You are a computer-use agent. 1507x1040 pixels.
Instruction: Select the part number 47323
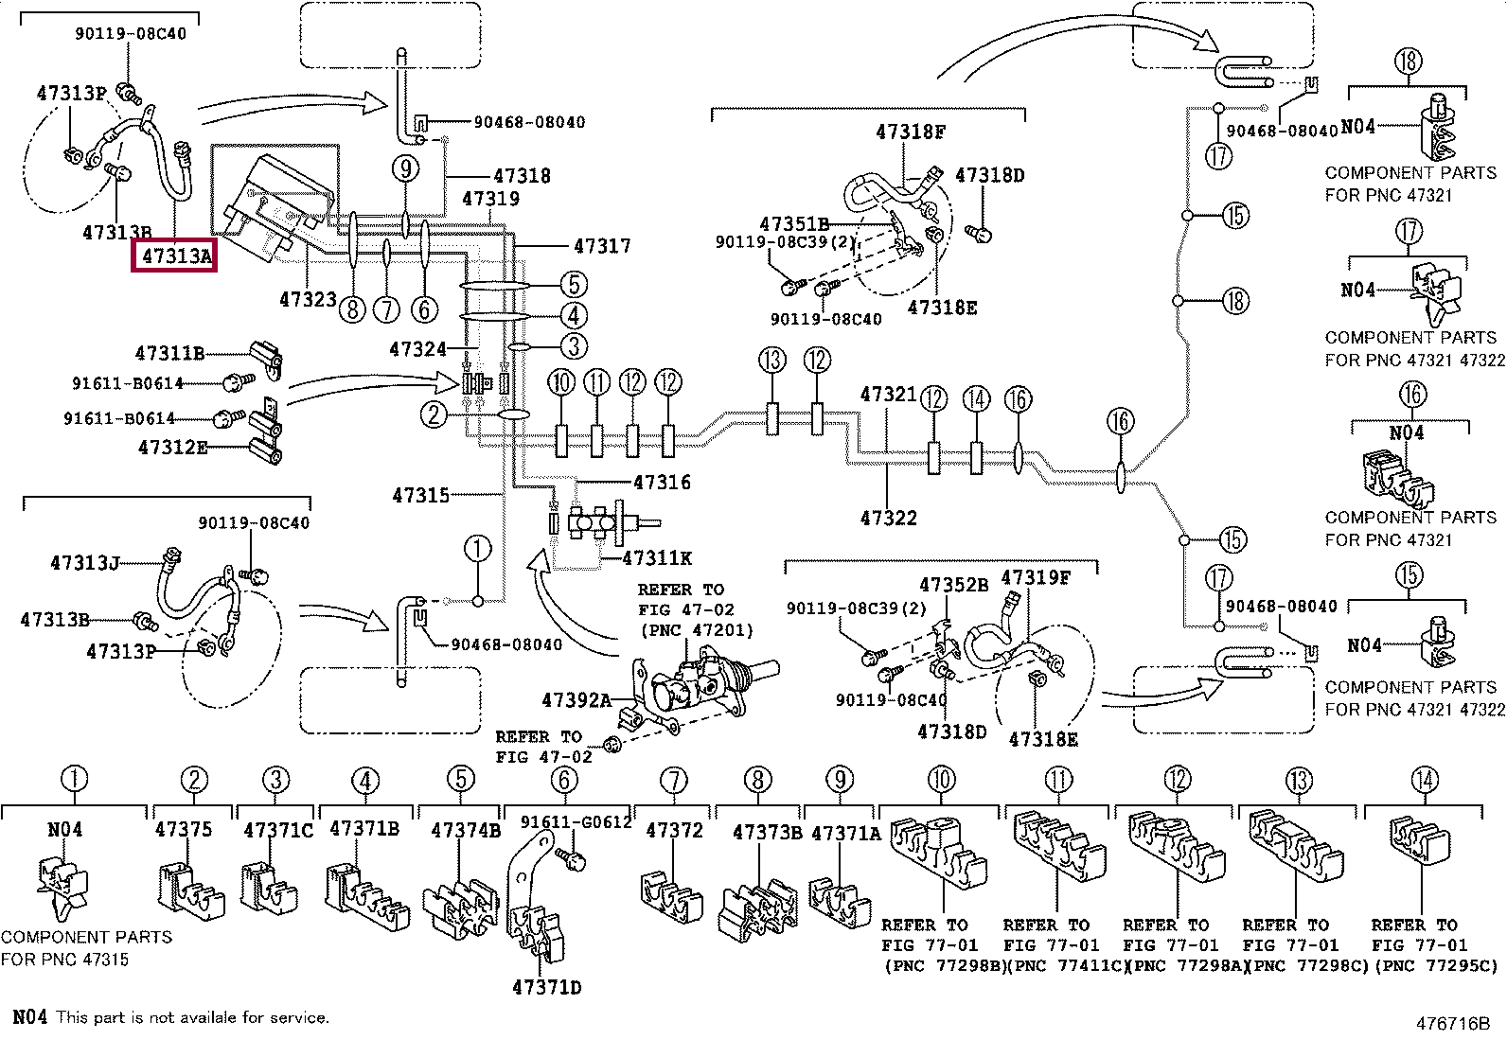coord(308,300)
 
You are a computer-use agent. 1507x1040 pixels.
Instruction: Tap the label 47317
coord(602,246)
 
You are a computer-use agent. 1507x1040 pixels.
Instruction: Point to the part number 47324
coord(417,350)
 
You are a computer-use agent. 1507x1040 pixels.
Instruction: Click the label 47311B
coord(169,354)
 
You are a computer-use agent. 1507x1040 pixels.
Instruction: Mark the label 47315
coord(420,495)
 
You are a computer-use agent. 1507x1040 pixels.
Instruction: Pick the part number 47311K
coord(657,558)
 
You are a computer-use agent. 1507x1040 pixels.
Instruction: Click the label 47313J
coord(84,563)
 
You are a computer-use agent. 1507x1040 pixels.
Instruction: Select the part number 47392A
coord(576,700)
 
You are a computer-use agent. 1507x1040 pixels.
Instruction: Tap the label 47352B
coord(953,585)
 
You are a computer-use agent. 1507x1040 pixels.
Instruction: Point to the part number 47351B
coord(793,224)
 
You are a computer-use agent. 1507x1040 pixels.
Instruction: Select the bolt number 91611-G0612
coord(576,822)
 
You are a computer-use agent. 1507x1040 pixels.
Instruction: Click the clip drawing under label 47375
coord(189,890)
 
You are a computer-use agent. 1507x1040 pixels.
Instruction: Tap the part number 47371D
coord(546,987)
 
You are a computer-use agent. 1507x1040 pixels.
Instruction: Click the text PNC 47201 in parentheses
coord(697,629)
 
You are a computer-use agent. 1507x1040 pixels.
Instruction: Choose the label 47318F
coord(910,132)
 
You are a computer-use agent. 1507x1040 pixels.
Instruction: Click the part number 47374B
coord(466,830)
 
